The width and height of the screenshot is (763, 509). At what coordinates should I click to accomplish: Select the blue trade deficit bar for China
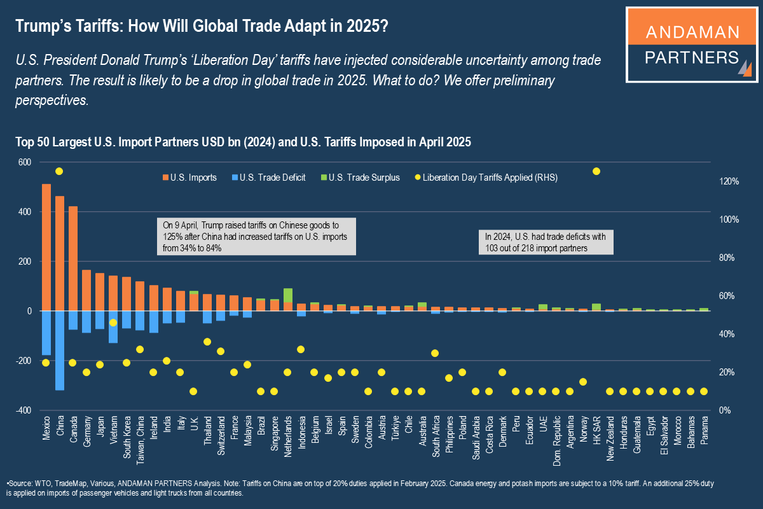click(60, 350)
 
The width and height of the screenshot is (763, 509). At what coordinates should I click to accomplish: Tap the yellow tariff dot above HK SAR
click(596, 171)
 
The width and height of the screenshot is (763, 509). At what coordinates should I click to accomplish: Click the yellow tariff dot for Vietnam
click(113, 323)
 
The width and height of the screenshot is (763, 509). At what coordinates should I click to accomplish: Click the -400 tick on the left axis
click(23, 410)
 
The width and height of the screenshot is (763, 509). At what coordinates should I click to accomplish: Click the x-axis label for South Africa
click(436, 436)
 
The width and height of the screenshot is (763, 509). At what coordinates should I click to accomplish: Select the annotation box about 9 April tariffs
click(257, 237)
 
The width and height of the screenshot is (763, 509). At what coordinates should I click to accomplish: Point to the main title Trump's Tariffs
click(202, 27)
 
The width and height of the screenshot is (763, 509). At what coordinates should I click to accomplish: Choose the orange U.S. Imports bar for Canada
click(73, 258)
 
